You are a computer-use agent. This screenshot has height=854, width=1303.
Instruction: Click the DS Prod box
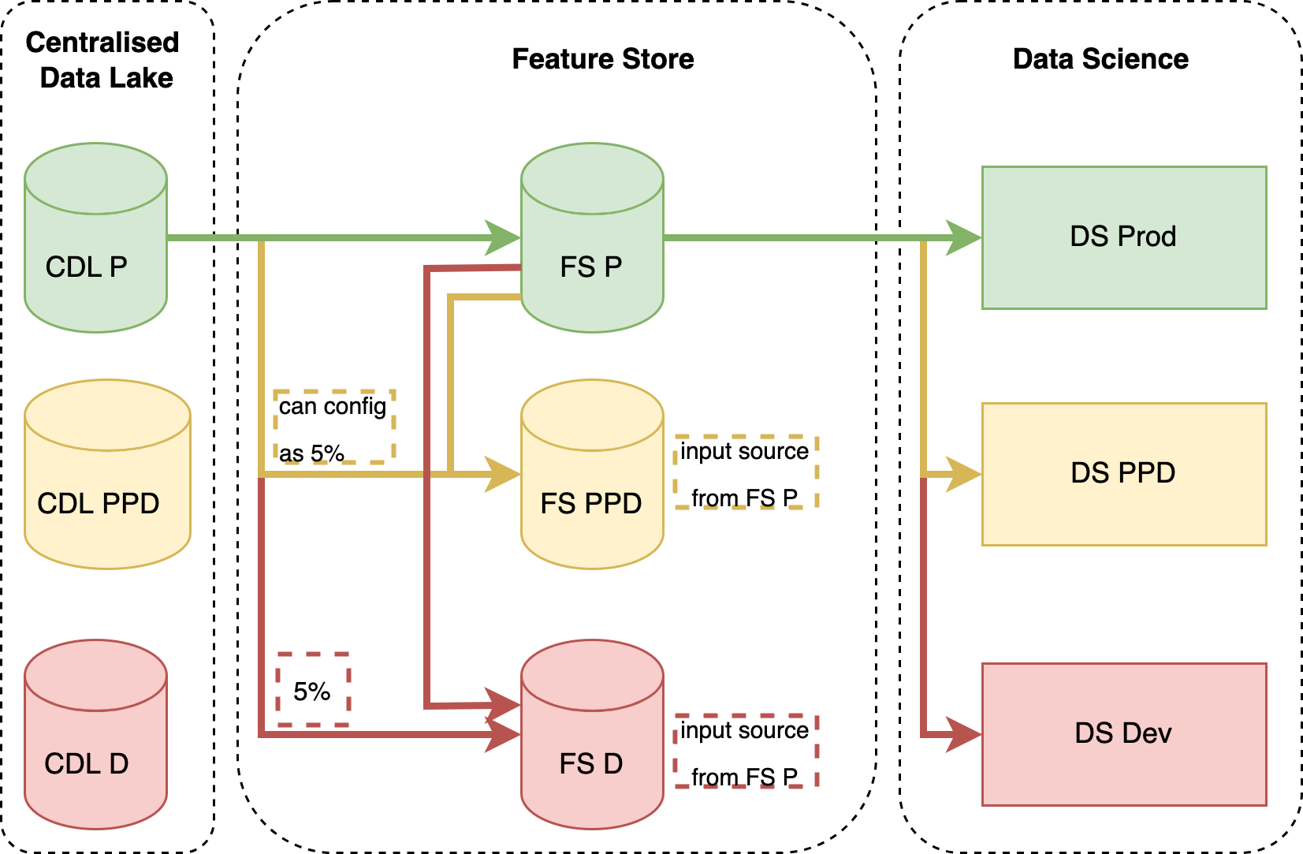pos(1124,237)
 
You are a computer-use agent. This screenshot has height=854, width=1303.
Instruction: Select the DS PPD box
pos(1124,474)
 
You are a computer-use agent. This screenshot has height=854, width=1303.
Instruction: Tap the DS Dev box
pos(1124,734)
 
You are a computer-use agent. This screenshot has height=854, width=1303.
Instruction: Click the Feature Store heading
pos(603,59)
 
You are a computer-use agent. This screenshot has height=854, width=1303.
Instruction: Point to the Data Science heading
pos(1100,59)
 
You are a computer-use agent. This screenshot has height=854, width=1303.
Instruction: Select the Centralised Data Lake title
pos(104,60)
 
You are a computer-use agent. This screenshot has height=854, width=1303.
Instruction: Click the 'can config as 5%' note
pos(334,427)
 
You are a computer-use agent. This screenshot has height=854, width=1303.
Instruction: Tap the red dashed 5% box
pos(313,690)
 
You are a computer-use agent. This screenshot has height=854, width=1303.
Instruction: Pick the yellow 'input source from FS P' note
pos(746,472)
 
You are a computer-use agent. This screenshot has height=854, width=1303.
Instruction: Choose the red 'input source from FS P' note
pos(746,751)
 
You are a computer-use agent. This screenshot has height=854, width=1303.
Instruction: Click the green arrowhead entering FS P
pos(503,237)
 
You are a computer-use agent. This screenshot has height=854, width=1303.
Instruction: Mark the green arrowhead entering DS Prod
pos(964,237)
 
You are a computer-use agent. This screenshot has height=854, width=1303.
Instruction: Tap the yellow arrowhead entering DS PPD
pos(964,475)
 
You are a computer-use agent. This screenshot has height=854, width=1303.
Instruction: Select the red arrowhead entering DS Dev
pos(964,734)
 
